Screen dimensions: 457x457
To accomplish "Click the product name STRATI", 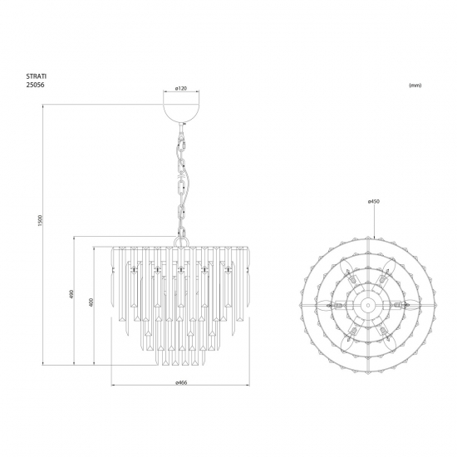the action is point(37,76).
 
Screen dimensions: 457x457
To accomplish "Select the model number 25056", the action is point(36,85).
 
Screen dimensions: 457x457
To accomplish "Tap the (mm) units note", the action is point(415,86).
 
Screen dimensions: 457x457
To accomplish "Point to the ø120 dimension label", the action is point(181,88).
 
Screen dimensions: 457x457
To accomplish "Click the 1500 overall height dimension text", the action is point(41,220).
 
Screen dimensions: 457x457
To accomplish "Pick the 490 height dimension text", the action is point(71,294).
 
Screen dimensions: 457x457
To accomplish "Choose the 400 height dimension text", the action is point(91,302).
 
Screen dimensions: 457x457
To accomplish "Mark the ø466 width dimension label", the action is point(181,382).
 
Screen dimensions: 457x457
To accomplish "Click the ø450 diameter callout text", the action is point(374,201).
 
